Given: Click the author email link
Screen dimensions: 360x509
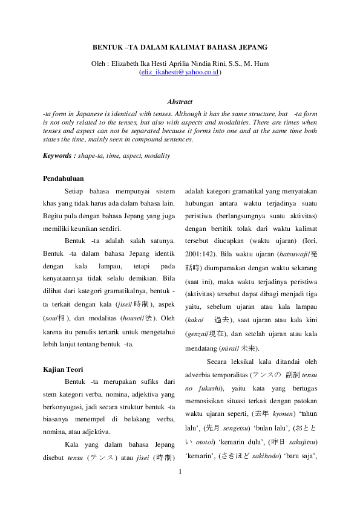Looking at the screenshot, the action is pos(180,71).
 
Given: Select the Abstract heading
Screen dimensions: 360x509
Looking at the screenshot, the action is pos(180,102).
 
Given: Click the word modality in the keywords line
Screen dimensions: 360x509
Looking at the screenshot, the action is pos(157,155).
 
